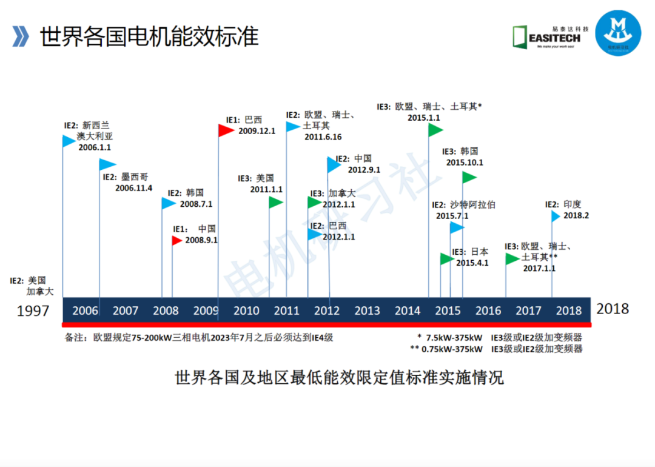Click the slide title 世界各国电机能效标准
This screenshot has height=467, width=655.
coord(149,36)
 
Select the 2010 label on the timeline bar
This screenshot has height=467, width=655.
coord(246,311)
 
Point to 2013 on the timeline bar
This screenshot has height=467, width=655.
coord(367,311)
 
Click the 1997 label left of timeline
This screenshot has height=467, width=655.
coord(33,311)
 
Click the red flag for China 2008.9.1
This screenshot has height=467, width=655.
coord(176,241)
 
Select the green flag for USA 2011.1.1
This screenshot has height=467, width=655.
coord(276,203)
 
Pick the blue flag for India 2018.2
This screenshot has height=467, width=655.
coord(556,215)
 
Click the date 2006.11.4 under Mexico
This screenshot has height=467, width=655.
coord(133,189)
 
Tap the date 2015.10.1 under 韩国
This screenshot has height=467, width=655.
coord(465,163)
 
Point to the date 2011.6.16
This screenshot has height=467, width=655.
coord(323,137)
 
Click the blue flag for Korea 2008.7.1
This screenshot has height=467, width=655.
coord(168,203)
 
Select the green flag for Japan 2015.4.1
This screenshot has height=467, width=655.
coord(447,259)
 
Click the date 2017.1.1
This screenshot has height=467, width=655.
coord(539,268)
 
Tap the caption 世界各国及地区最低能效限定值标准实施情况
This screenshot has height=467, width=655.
coord(339,378)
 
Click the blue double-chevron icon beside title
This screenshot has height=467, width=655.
coord(21,36)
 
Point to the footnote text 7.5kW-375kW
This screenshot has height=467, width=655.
coord(454,337)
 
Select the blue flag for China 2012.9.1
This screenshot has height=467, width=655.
coord(334,164)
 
